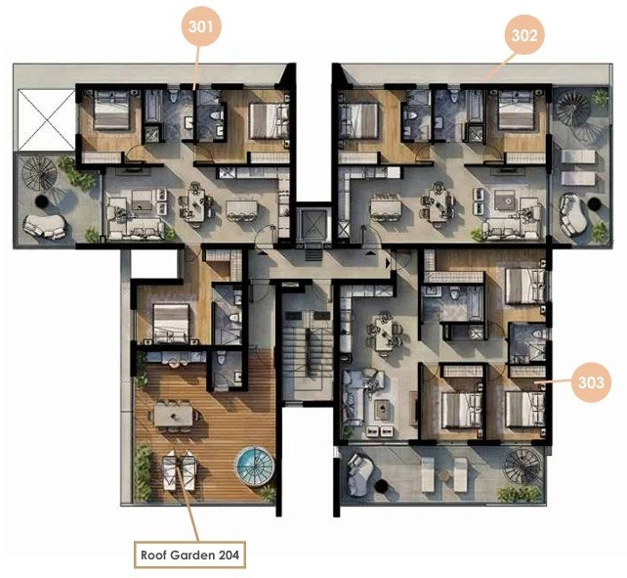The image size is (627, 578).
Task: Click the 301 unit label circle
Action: coord(200,26)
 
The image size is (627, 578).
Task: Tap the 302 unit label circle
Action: coord(524,35)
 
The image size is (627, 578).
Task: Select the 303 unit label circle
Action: coord(591,382)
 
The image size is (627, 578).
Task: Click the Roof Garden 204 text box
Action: coord(189,555)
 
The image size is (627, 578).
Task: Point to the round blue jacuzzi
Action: coord(254,466)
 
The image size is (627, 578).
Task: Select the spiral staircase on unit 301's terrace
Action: coord(40,174)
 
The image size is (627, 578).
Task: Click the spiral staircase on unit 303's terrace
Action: coord(522,466)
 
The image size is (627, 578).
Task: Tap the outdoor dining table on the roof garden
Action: coord(174,415)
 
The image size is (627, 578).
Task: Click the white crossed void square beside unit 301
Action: coord(46,119)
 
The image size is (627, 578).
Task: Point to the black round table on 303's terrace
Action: coord(382,486)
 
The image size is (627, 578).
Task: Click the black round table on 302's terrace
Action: coord(595,204)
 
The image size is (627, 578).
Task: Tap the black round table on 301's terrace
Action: coord(41,201)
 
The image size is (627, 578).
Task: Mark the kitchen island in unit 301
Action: coord(242,209)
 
